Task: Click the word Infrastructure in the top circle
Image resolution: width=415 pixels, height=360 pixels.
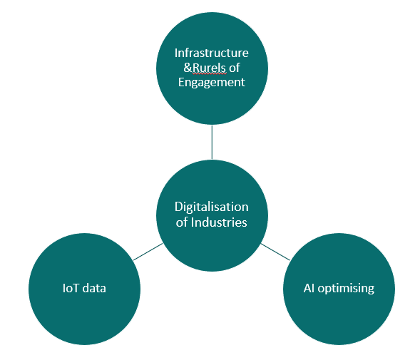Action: coord(212,53)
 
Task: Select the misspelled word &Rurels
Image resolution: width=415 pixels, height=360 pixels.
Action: coord(205,68)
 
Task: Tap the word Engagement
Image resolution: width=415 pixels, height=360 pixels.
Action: coord(212,83)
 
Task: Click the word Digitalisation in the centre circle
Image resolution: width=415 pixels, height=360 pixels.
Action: coord(212,207)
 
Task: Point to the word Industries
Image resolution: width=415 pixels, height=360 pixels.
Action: coord(219,222)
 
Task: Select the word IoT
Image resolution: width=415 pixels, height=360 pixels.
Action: coord(71,288)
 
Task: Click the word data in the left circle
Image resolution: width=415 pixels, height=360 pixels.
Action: coord(94,288)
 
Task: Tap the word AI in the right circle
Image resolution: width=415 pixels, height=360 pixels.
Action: coord(309,288)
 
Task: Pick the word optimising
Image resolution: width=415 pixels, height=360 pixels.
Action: coord(346,289)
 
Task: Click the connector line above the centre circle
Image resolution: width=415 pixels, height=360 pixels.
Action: coord(212,142)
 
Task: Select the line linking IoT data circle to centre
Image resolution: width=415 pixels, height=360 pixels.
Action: coord(148,252)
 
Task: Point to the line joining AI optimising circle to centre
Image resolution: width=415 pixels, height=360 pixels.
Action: coord(275,252)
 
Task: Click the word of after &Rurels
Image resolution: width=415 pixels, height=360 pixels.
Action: coord(235,68)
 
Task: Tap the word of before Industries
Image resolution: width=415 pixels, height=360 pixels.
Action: coord(182,222)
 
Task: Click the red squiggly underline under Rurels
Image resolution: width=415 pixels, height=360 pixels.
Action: coord(210,73)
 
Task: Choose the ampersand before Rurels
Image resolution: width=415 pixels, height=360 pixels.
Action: coord(188,68)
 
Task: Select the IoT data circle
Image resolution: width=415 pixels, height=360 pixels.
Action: coord(84,289)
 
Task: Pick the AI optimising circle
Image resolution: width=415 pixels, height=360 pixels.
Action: coord(339,289)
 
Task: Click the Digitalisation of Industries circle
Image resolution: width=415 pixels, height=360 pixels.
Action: coord(212,215)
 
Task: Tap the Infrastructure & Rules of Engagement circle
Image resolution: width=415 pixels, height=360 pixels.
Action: coord(212,68)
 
